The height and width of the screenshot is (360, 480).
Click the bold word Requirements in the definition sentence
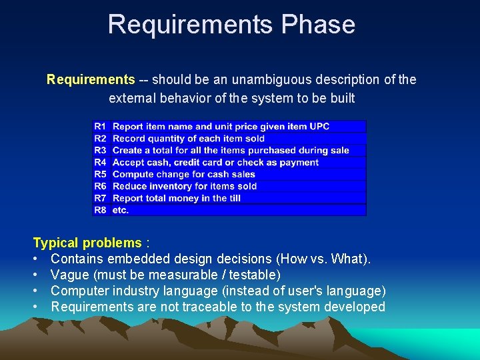pyautogui.click(x=91, y=80)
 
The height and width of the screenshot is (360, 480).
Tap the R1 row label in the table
pyautogui.click(x=100, y=126)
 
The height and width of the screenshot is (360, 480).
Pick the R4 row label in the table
pyautogui.click(x=100, y=162)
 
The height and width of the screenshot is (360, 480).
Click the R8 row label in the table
pyautogui.click(x=100, y=210)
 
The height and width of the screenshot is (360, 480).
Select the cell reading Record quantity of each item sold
pyautogui.click(x=189, y=139)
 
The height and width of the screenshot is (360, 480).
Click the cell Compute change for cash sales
pyautogui.click(x=184, y=174)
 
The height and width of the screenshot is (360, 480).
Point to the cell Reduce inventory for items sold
pyautogui.click(x=185, y=186)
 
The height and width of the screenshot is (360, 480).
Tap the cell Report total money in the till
pyautogui.click(x=177, y=198)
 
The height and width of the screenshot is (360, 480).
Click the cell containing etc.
pyautogui.click(x=121, y=210)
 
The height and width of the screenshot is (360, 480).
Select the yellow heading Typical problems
pyautogui.click(x=87, y=243)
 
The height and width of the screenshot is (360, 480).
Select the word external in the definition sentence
pyautogui.click(x=131, y=99)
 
